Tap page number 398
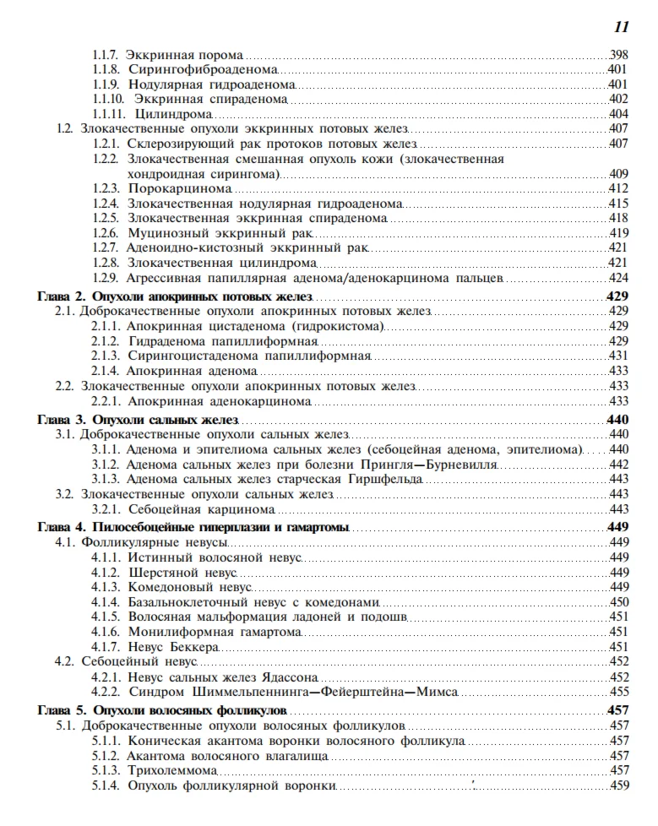click(618, 54)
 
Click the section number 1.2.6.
click(105, 233)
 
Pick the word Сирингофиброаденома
click(204, 69)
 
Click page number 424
click(618, 278)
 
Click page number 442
click(618, 465)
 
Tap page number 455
click(618, 693)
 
